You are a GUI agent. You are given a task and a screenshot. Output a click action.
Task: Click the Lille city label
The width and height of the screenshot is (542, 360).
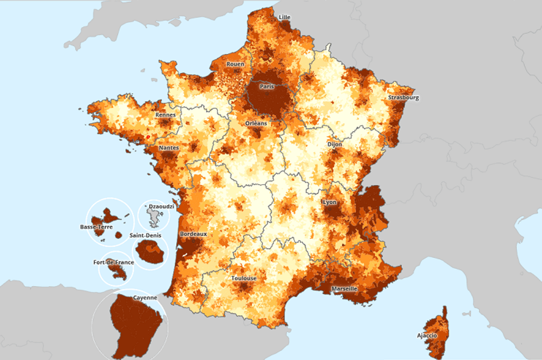pos(285,18)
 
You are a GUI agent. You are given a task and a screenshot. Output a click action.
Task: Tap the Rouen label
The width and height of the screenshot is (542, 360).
pos(235,64)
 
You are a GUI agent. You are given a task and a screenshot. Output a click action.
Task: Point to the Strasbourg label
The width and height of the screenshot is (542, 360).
pos(403,98)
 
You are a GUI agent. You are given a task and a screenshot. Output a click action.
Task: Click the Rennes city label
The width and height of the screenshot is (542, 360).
pos(165,115)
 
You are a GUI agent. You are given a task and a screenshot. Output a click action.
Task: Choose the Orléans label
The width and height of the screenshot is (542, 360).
pos(256,123)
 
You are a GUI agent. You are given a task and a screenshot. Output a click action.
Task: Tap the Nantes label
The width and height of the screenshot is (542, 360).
pos(168,148)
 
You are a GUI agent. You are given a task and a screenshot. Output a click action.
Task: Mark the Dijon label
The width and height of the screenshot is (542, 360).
pos(335,145)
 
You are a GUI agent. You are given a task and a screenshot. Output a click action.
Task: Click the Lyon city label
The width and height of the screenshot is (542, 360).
pos(329,202)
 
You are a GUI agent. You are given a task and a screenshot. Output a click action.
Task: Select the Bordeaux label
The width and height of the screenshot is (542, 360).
pos(193,234)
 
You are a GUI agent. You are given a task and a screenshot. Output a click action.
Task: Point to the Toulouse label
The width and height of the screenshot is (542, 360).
pos(243,279)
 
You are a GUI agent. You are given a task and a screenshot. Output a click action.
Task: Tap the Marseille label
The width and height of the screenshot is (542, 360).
pos(344,289)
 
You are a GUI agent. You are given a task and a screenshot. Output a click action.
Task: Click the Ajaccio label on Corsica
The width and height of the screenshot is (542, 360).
pos(427,336)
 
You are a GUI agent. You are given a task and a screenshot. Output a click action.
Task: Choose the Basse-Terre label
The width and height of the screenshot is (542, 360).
pos(96,227)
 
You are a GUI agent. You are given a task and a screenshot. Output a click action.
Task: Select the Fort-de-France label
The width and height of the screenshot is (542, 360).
pos(117,262)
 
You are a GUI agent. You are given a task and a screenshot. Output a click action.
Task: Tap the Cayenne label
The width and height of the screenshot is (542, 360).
pos(145,298)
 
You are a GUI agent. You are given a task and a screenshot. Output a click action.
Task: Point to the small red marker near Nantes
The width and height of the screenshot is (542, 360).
pos(147,136)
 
